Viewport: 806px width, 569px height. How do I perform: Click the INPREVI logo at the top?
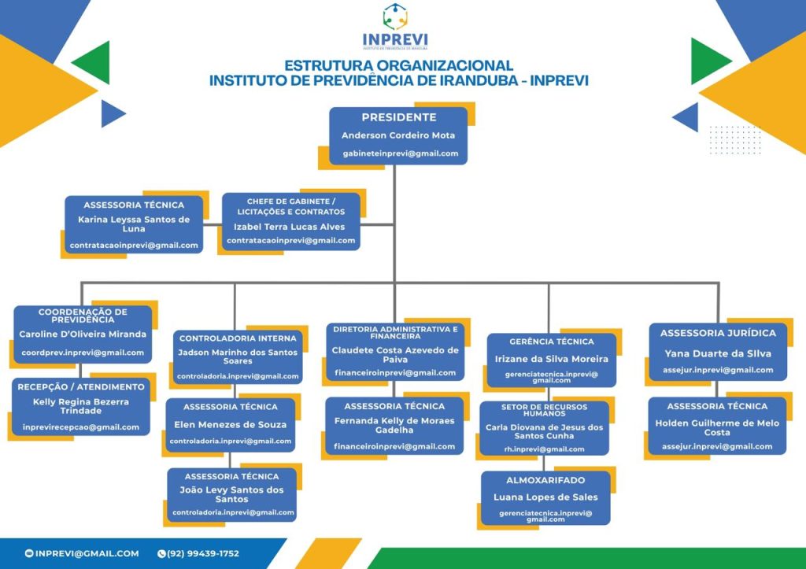(x=395, y=27)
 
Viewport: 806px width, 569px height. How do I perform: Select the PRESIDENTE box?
(x=398, y=135)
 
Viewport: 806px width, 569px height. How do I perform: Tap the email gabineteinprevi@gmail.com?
(x=400, y=153)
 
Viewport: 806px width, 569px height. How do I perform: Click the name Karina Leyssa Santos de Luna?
(x=134, y=224)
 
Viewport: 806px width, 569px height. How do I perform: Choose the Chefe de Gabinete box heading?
(x=291, y=206)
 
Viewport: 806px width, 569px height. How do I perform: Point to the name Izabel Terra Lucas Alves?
(x=290, y=227)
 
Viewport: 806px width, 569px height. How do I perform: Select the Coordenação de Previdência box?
(x=83, y=334)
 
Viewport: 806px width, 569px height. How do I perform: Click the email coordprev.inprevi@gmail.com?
(x=83, y=353)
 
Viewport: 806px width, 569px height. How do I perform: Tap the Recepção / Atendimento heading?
(x=81, y=386)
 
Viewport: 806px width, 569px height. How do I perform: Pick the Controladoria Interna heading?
(x=238, y=338)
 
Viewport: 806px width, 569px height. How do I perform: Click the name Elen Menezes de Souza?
(x=231, y=424)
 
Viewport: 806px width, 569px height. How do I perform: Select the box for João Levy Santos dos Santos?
(x=231, y=495)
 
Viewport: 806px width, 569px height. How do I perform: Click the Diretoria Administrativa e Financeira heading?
(x=394, y=332)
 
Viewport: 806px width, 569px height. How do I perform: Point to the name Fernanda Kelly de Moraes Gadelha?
(x=394, y=426)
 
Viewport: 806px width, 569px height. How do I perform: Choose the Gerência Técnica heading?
(x=552, y=342)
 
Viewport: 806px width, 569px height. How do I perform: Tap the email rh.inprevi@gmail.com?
(x=544, y=449)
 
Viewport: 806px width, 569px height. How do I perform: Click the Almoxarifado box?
(x=545, y=497)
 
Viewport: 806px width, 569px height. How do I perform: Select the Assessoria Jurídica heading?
(x=718, y=334)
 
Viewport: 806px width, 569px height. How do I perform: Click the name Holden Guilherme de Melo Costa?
(x=717, y=427)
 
